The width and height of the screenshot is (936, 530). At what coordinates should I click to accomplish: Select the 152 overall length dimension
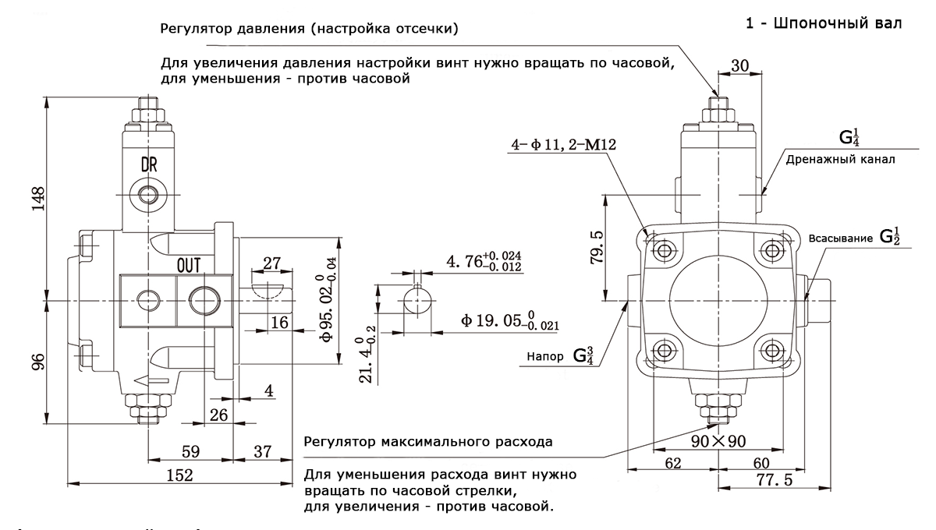181,475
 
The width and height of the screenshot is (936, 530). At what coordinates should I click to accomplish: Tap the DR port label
149,165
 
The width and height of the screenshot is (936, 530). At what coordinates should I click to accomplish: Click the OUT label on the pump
190,265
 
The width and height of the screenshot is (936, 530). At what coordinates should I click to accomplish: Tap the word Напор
544,357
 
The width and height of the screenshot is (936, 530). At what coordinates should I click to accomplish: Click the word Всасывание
840,238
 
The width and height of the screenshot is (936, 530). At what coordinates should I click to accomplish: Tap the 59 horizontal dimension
190,450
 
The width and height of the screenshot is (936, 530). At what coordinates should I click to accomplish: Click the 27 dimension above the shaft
271,263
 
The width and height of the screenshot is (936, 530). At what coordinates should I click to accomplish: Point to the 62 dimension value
672,463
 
